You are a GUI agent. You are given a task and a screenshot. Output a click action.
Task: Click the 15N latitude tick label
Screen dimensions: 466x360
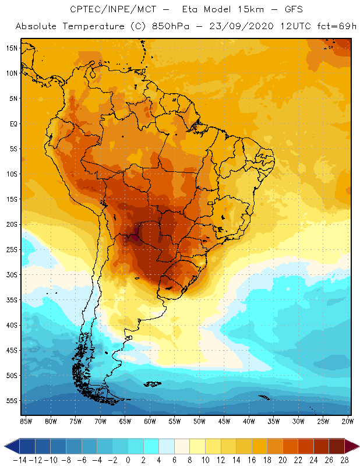12,48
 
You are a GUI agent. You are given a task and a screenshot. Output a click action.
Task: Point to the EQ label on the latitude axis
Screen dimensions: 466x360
12,123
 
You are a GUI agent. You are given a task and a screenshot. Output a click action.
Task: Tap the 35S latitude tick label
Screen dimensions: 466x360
12,300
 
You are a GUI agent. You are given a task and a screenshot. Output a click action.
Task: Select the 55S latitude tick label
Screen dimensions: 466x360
12,401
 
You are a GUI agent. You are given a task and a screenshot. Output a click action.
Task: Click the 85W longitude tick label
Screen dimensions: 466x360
26,421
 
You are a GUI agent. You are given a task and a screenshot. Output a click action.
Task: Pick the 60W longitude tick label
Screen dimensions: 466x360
150,421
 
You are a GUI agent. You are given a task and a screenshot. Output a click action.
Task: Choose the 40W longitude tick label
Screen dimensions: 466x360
249,421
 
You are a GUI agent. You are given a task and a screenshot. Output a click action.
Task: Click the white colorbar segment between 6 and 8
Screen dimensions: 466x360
182,446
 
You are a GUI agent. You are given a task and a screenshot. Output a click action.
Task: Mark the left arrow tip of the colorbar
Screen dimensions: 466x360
5,446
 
